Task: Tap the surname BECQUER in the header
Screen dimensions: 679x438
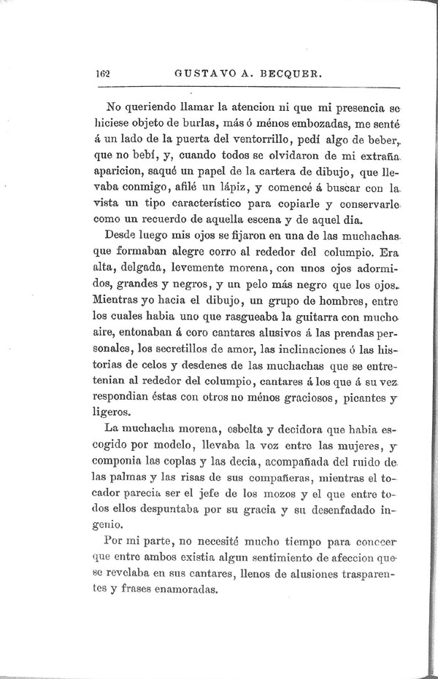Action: coord(287,74)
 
